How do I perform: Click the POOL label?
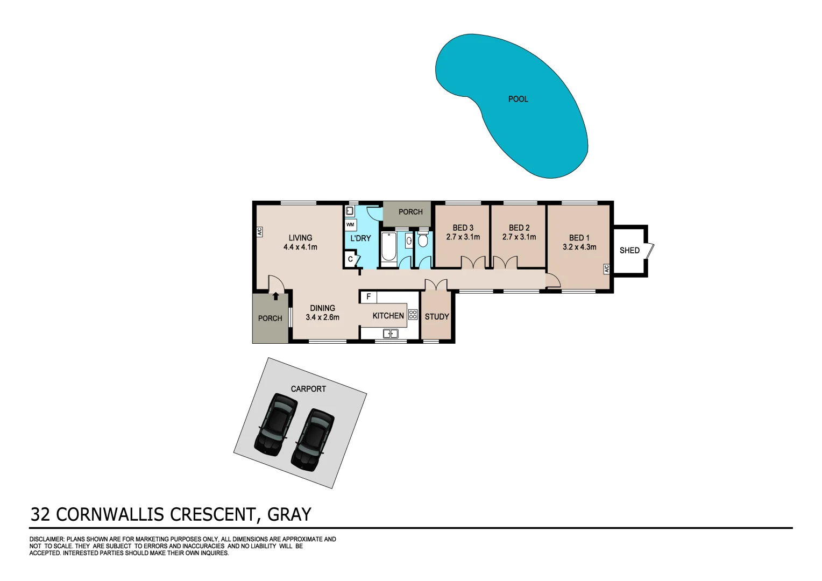coord(518,99)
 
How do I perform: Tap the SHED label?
coord(629,250)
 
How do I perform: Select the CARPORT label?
coord(308,389)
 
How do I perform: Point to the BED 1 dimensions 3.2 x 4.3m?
coord(579,247)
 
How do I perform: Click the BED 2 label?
coord(519,228)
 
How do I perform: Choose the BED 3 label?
coord(463,228)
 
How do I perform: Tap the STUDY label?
coord(437,317)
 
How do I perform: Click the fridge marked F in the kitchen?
coord(369,297)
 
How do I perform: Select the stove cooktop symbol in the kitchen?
coord(413,315)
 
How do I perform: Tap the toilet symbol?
coord(423,239)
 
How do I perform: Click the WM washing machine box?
coord(350,224)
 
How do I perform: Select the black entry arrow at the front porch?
coord(275,295)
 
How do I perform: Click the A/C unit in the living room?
coord(259,232)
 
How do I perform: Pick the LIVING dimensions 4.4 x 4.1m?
coord(300,247)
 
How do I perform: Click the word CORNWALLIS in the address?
coord(111,514)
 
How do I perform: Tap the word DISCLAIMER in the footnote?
coord(46,539)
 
